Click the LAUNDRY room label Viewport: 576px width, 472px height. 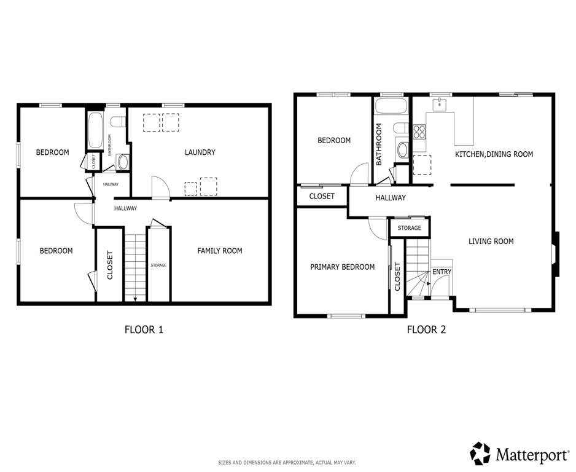200,152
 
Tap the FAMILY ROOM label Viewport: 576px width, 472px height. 219,251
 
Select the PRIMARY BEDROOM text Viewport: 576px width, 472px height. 342,267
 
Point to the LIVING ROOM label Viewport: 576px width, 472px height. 491,242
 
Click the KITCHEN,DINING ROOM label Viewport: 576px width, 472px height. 494,154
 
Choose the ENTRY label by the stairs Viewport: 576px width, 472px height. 442,272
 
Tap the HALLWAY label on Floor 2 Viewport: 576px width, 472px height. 391,198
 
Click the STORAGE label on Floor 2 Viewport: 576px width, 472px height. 409,228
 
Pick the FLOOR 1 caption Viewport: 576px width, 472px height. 144,329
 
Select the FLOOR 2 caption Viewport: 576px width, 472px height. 426,329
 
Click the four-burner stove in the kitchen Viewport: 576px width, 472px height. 419,131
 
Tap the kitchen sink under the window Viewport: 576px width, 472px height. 440,105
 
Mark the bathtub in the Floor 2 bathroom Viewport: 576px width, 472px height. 391,106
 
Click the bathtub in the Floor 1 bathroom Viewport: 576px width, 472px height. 95,130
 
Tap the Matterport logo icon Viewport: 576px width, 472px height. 481,453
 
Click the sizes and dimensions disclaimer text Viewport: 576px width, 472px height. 287,462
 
